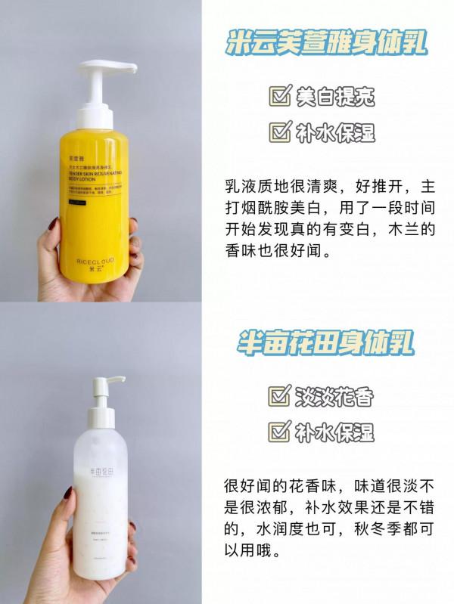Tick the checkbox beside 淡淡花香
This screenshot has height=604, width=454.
(279, 397)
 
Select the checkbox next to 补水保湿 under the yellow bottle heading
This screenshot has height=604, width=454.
(279, 133)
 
